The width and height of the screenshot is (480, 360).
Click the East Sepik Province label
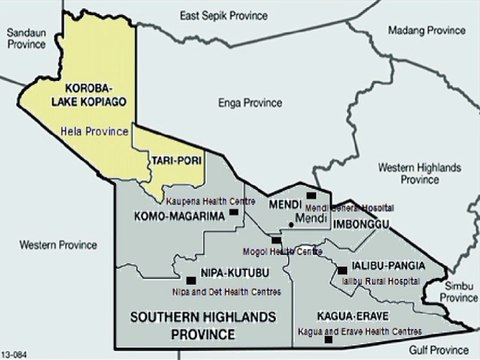226,17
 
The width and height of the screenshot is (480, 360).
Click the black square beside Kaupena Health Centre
235,211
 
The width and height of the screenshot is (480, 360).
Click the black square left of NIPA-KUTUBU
190,280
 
